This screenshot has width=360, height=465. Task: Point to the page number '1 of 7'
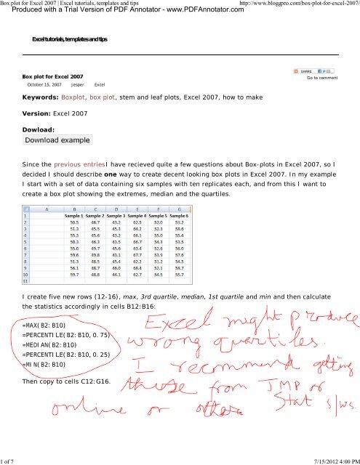[12, 460]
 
